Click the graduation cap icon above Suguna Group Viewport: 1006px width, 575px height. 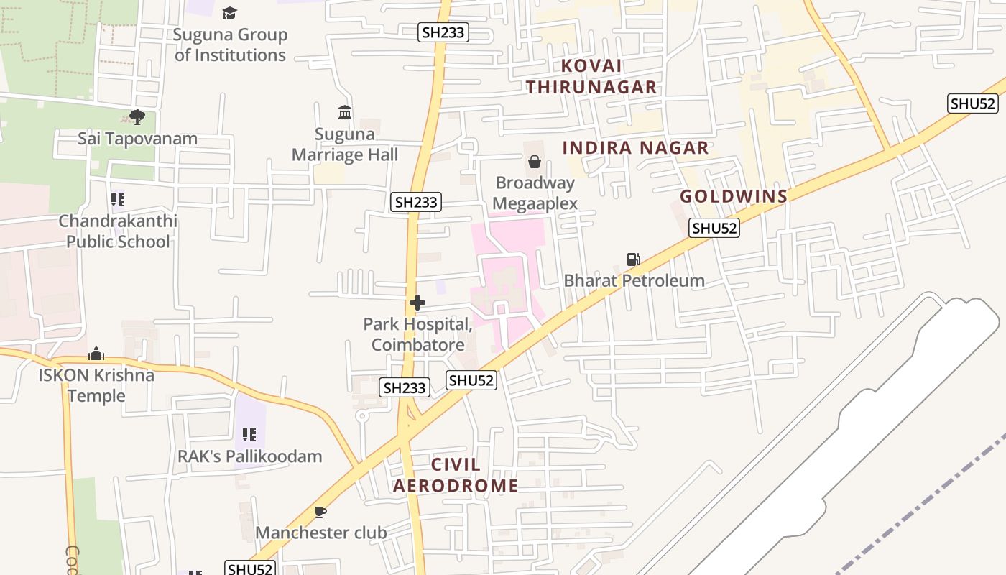click(229, 13)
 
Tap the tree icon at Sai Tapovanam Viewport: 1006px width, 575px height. click(137, 117)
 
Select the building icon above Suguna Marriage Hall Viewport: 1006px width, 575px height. click(345, 113)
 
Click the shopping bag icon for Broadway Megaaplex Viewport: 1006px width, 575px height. click(535, 162)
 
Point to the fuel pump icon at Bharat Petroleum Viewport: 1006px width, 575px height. click(633, 259)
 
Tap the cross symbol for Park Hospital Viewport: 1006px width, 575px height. click(417, 303)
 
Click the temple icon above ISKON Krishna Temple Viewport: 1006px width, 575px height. click(96, 354)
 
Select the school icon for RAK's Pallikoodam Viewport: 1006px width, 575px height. click(249, 435)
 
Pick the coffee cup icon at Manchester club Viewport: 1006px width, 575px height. click(320, 512)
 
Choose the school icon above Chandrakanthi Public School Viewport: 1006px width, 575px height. click(117, 200)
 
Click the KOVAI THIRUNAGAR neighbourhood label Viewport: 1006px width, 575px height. click(591, 76)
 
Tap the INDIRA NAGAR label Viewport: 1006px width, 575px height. click(635, 148)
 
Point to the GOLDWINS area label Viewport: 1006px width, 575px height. click(734, 196)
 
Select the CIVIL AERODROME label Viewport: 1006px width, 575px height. click(456, 475)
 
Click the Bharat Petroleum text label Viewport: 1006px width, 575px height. click(634, 280)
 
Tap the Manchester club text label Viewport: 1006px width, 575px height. click(321, 533)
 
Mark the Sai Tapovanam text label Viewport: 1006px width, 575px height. click(137, 139)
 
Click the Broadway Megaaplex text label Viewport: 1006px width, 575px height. click(536, 193)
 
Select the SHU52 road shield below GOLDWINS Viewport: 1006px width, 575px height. click(714, 229)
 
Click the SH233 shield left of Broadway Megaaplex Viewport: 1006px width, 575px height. click(416, 203)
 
